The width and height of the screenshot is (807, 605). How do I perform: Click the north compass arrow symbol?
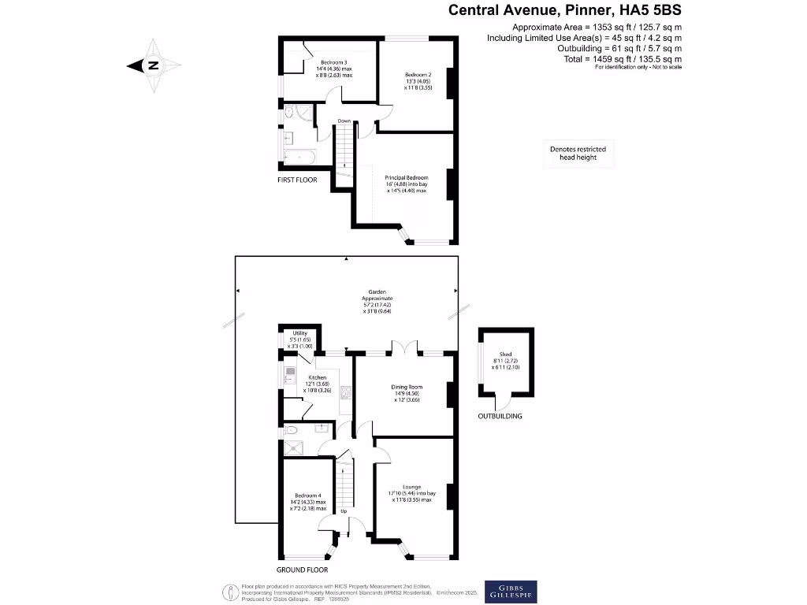tap(153, 66)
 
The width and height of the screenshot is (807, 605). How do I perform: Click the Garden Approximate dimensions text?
tap(376, 299)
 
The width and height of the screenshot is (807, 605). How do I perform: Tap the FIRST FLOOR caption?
tap(297, 180)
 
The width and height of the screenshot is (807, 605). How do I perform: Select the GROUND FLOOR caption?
tap(302, 570)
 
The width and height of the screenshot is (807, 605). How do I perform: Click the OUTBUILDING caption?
tap(500, 416)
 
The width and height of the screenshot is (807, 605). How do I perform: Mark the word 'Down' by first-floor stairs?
tap(344, 121)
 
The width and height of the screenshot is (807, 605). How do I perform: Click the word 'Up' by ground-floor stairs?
tap(343, 510)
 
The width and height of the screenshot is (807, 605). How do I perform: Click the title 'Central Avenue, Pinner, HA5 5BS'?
tap(564, 10)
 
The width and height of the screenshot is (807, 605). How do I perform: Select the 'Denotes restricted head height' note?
tap(578, 154)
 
